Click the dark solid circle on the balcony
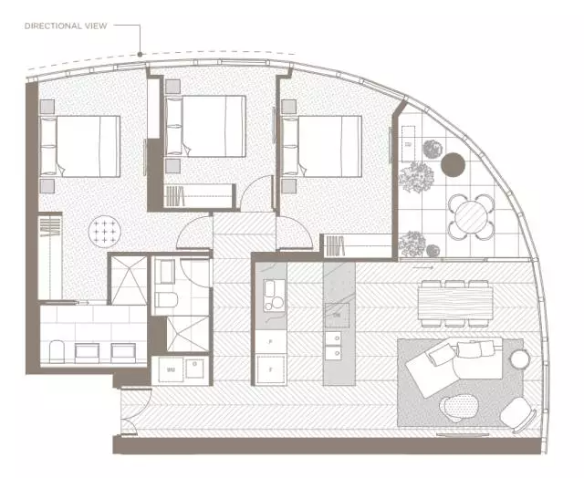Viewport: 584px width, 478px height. [453, 165]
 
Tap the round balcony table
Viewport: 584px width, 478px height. [471, 216]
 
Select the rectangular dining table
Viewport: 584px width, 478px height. [454, 302]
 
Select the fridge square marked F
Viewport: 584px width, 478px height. [271, 369]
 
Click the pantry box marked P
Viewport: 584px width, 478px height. [271, 338]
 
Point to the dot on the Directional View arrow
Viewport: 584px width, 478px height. [140, 55]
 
